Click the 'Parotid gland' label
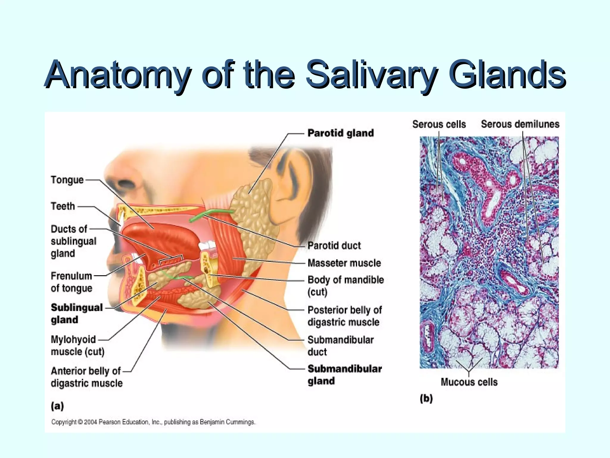tap(340, 133)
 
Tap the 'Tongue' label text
tap(67, 180)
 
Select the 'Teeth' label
tap(63, 206)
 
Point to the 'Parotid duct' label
tap(334, 246)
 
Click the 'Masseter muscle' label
tap(344, 263)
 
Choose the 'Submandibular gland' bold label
tap(344, 375)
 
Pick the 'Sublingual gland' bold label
tap(77, 313)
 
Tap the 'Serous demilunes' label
tap(520, 124)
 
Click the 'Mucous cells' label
tap(469, 382)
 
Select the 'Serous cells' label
tap(439, 124)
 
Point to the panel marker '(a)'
tap(57, 406)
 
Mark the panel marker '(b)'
tap(426, 398)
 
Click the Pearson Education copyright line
tap(153, 422)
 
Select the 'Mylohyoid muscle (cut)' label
tap(77, 346)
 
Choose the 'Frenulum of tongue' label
tap(71, 282)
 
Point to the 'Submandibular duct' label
tap(340, 346)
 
